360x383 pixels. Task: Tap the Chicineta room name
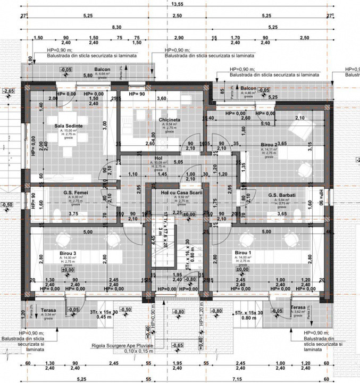(170, 120)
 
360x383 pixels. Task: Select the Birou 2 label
(270, 144)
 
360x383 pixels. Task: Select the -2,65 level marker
(9, 91)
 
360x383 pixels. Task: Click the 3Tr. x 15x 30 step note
(104, 311)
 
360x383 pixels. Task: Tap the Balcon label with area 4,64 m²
(103, 70)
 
